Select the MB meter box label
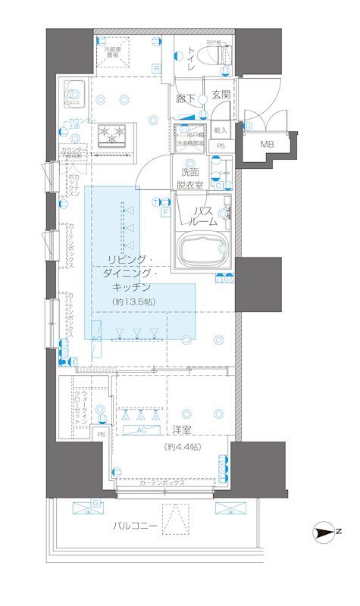click(268, 144)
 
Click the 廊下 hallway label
click(186, 98)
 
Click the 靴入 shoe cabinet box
click(221, 131)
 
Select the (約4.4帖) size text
click(183, 447)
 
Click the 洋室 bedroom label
click(181, 430)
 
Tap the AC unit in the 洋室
click(141, 430)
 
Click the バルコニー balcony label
click(136, 525)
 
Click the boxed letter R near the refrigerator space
click(157, 69)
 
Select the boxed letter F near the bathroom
click(164, 213)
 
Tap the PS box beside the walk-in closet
click(102, 434)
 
